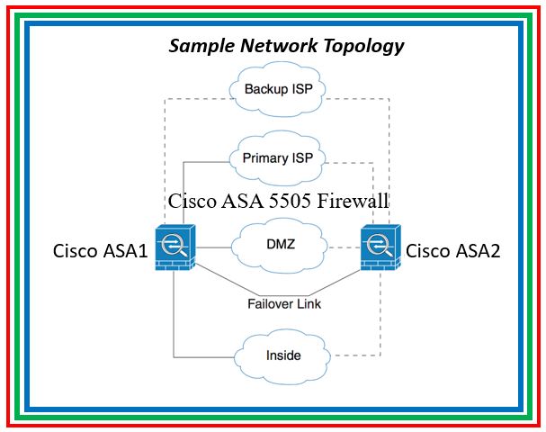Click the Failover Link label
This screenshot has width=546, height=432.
(284, 304)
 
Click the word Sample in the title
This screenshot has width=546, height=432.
(199, 46)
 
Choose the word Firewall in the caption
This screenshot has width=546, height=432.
(359, 201)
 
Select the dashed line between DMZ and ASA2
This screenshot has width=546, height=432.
(342, 247)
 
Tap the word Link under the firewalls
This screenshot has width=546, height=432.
(309, 304)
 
